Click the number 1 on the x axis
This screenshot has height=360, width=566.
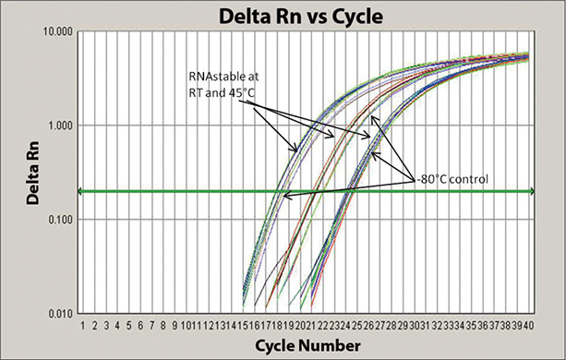tap(82, 325)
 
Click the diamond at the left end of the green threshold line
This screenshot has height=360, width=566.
tap(79, 191)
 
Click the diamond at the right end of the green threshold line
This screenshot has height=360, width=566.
tap(554, 191)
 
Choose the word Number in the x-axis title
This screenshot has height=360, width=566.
tap(331, 344)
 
